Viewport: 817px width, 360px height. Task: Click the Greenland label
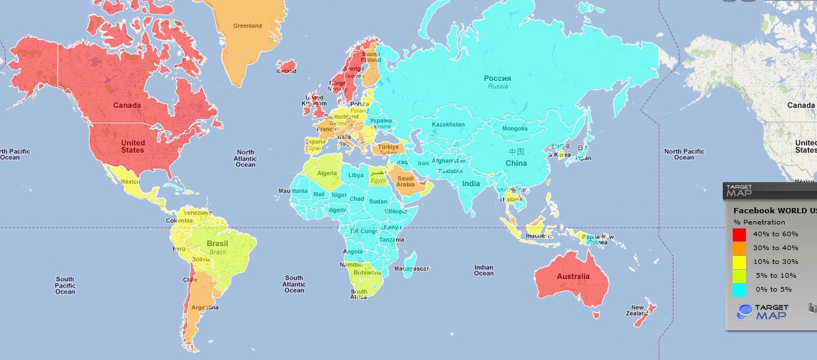pos(247,26)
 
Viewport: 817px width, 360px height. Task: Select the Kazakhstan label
pos(448,124)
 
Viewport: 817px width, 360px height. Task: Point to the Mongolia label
pos(515,128)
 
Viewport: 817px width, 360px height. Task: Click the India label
pos(471,184)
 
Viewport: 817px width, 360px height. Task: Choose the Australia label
pos(573,276)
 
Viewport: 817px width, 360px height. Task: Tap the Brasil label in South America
pos(217,244)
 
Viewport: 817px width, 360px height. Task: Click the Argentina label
pos(204,307)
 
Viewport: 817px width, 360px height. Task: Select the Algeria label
pos(327,173)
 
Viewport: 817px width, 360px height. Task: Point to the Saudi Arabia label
pos(406,181)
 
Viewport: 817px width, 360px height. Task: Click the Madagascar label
pos(411,269)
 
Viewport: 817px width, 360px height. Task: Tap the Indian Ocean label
pos(483,271)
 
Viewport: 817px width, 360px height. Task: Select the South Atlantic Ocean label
pos(294,284)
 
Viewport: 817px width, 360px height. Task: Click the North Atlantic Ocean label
pos(245,158)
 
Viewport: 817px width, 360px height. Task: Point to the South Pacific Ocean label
pos(65,285)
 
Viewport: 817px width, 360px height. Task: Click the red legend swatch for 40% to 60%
pos(739,234)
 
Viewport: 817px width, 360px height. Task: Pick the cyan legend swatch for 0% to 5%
pos(739,290)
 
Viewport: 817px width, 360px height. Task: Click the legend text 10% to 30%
pos(776,262)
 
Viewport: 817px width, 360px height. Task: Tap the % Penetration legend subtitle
pos(759,222)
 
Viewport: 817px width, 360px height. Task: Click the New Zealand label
pos(637,311)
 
